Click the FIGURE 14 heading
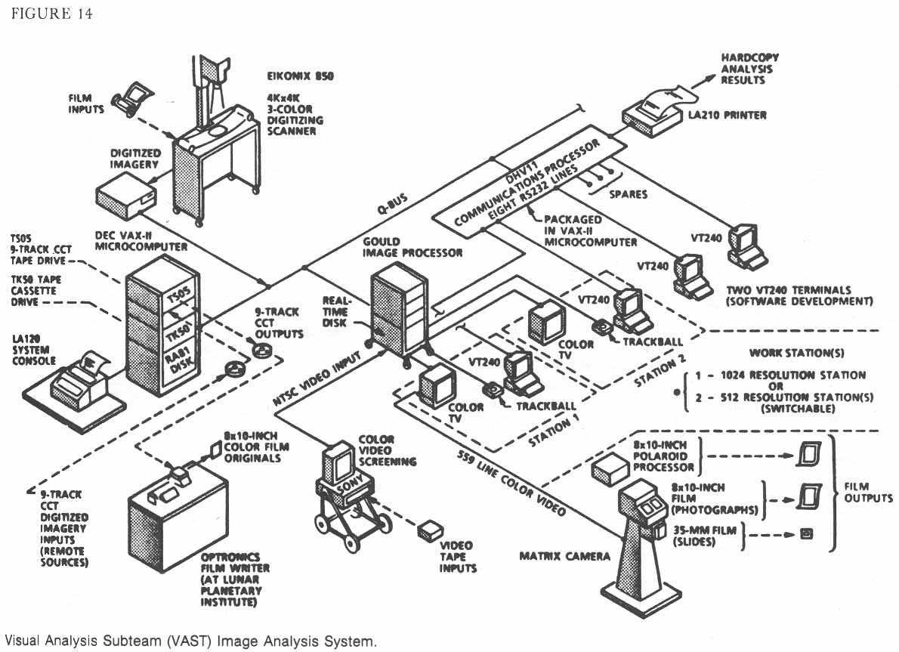52,14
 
